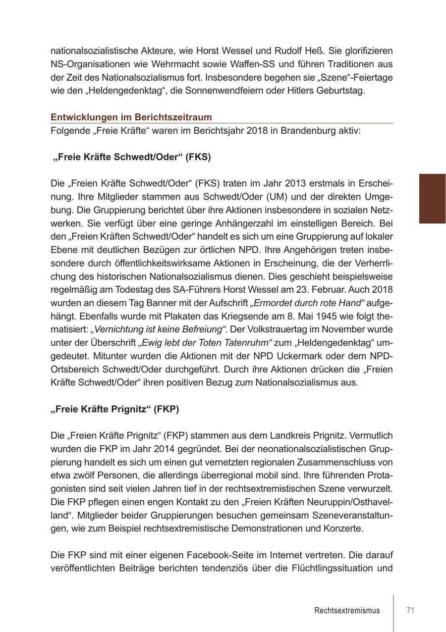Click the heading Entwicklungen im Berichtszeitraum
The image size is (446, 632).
pyautogui.click(x=131, y=117)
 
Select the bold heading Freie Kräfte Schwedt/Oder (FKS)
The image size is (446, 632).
pyautogui.click(x=132, y=157)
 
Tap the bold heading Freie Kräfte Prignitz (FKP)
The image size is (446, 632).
pyautogui.click(x=115, y=409)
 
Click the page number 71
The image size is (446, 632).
pyautogui.click(x=410, y=610)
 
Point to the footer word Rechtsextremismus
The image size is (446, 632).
pyautogui.click(x=347, y=610)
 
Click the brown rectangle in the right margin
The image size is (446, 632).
pyautogui.click(x=432, y=199)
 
